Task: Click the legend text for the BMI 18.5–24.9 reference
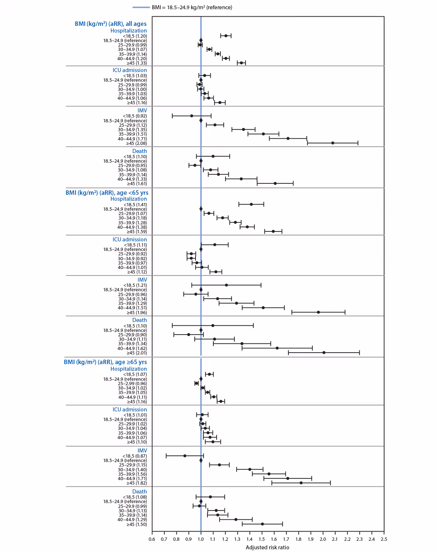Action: click(192, 7)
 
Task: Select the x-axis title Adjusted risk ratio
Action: click(267, 547)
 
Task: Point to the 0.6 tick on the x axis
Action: click(152, 539)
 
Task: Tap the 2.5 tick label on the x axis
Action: click(384, 539)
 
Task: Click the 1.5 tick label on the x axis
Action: click(262, 539)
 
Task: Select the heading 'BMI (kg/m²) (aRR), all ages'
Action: click(111, 24)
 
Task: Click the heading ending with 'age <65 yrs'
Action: click(107, 193)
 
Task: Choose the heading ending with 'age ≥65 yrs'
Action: click(105, 362)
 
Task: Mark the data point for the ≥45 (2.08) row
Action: click(333, 143)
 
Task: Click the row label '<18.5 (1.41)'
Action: click(135, 204)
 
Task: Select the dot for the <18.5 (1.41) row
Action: click(251, 204)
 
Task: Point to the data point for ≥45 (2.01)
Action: click(324, 353)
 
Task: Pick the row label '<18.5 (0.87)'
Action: click(135, 456)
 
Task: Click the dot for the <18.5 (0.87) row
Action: click(185, 456)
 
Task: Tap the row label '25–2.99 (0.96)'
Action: click(133, 384)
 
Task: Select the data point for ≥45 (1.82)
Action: click(301, 483)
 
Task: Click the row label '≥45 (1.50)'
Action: click(137, 524)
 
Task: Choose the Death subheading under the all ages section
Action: click(139, 151)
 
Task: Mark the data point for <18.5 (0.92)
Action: click(192, 116)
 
